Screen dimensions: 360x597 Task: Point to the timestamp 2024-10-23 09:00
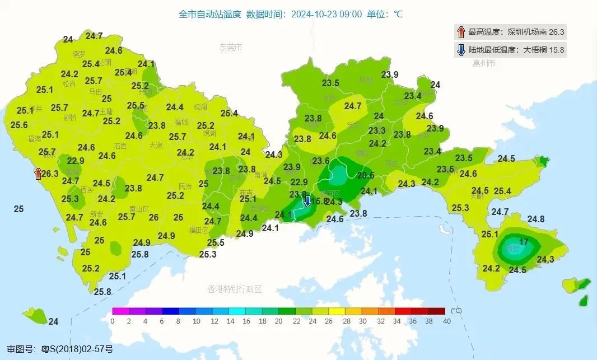327,14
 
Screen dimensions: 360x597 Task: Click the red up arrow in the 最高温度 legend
461,32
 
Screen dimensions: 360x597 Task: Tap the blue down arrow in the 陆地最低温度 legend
461,50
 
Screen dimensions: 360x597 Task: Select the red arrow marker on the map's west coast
38,174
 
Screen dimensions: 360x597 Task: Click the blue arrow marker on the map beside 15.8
307,201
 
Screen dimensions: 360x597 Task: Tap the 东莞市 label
230,48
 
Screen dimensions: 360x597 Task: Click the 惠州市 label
483,63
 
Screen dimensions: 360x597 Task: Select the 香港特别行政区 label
235,289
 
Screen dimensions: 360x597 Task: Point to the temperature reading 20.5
365,175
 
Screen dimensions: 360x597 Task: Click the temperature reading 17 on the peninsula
524,242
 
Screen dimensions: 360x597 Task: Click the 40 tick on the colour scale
446,321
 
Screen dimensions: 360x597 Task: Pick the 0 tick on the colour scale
113,321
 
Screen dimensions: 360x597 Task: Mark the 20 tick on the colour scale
279,321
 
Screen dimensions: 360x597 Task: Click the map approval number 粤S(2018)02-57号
77,349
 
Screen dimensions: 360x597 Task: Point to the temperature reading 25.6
19,125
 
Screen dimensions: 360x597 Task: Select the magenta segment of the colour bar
120,311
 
